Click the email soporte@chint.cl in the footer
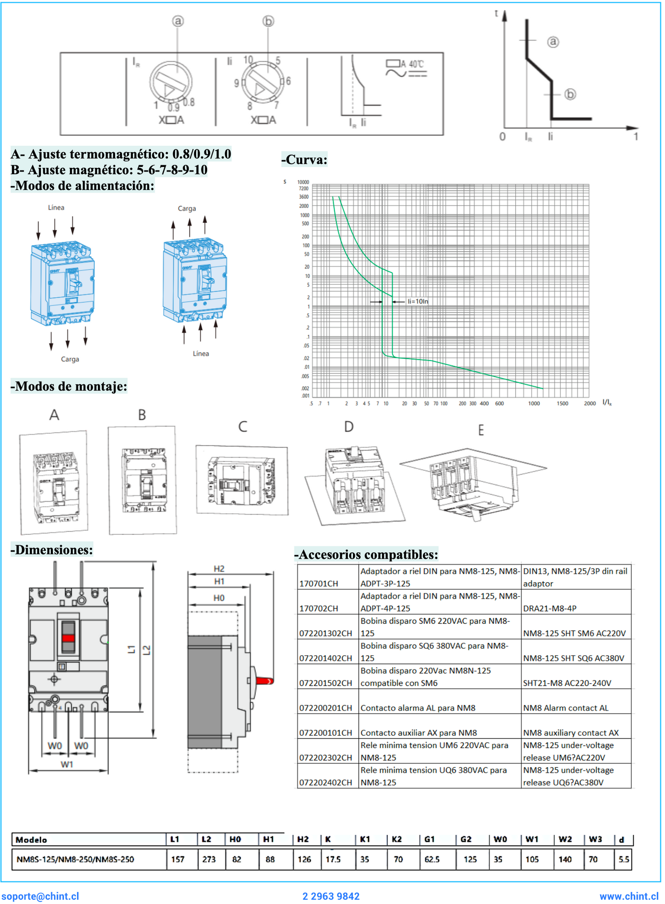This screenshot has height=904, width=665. (40, 896)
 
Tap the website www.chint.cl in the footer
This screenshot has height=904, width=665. (629, 896)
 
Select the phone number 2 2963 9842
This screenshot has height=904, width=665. (331, 896)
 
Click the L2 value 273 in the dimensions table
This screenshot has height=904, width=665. (209, 859)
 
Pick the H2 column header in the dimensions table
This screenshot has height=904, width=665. (303, 839)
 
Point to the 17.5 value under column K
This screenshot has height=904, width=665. (333, 859)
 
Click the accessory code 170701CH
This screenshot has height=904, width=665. (318, 584)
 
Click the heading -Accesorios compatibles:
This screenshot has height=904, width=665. (366, 555)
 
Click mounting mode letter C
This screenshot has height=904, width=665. (243, 427)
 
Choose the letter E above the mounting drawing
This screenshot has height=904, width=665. (481, 430)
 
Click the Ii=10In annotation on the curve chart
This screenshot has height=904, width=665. (418, 302)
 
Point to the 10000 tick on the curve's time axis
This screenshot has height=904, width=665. (303, 182)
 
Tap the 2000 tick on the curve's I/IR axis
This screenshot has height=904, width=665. (590, 403)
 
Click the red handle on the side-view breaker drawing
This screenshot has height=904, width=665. (265, 681)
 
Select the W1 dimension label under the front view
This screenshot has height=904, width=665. (67, 764)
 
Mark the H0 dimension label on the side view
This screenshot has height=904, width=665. (219, 598)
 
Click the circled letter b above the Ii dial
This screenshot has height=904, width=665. (268, 21)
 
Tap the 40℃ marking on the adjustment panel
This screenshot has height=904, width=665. (416, 64)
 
